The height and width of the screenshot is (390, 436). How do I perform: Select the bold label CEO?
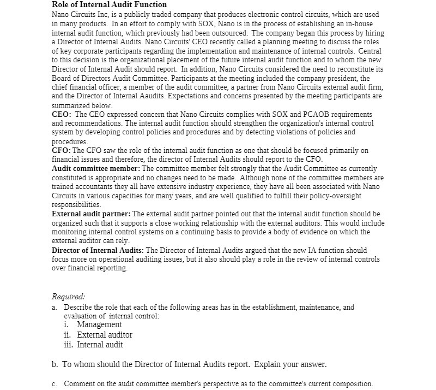(61, 114)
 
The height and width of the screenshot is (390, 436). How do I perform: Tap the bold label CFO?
(61, 150)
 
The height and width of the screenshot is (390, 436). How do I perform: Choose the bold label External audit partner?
(90, 214)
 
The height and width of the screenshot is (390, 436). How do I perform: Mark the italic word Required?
(68, 297)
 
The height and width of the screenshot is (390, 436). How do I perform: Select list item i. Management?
(93, 325)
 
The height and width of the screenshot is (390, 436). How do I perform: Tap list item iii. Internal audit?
(93, 345)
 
